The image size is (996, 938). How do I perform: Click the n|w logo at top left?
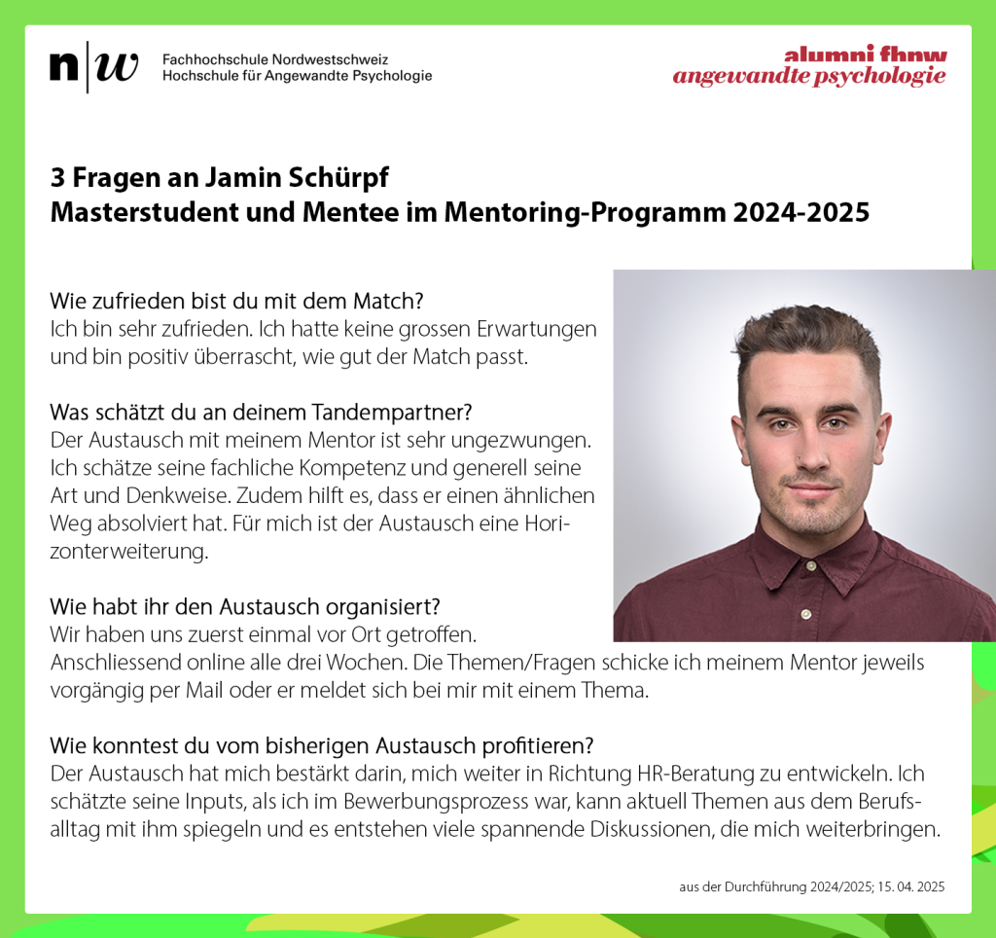(93, 67)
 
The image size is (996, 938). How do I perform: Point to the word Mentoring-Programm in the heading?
(563, 212)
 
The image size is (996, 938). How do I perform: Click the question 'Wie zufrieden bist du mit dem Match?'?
(236, 300)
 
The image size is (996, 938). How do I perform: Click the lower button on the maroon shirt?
(805, 613)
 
